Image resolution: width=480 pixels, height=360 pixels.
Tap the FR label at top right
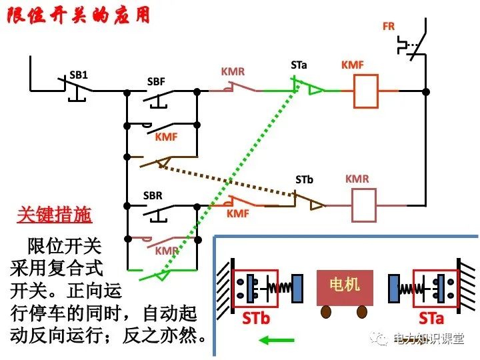pos(389,27)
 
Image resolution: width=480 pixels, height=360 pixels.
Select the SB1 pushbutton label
pos(79,75)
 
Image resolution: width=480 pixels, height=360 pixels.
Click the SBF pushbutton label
pos(156,83)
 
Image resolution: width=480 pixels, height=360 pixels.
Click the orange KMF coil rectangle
pos(365,91)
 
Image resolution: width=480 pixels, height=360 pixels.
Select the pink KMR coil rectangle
pos(363,205)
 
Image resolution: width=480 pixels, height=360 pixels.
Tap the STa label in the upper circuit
pos(299,65)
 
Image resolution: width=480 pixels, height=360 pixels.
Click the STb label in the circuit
pos(305,179)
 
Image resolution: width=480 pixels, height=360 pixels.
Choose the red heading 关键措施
pos(54,215)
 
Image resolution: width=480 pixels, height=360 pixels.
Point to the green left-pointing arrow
pos(277,341)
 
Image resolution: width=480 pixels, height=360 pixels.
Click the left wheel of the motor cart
pos(326,312)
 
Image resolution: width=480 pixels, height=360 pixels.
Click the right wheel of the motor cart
pos(361,312)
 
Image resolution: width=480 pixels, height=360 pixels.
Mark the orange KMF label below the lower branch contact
pos(238,214)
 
